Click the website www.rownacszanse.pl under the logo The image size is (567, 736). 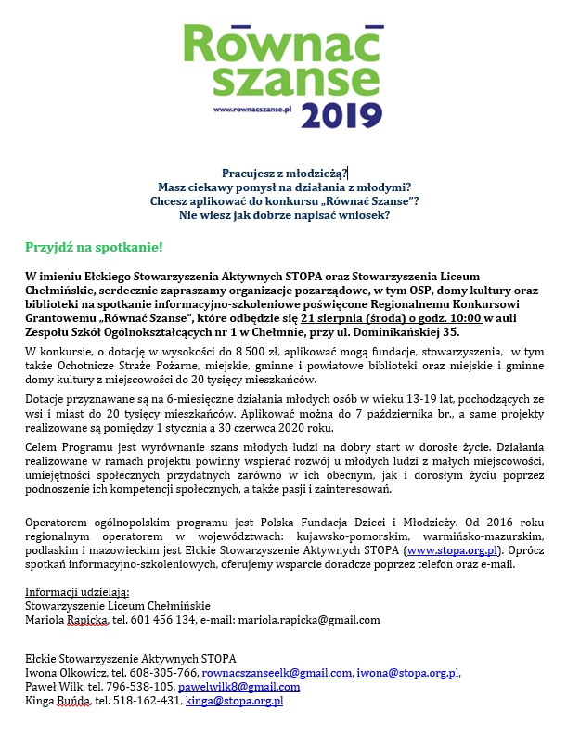(252, 110)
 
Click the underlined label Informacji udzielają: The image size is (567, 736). (77, 592)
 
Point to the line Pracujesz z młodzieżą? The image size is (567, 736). (284, 174)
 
